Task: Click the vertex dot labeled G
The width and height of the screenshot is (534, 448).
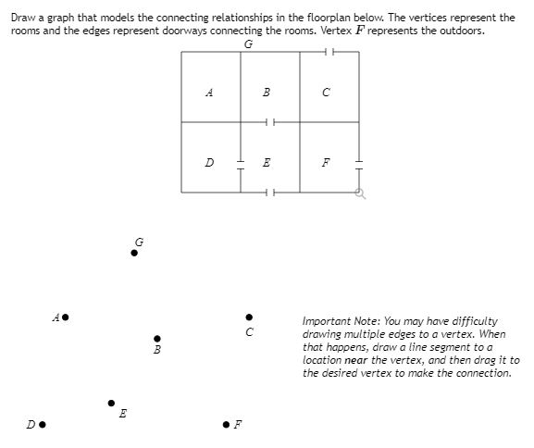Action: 134,252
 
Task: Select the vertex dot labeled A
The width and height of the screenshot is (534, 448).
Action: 66,317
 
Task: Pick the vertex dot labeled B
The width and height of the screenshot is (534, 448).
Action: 157,338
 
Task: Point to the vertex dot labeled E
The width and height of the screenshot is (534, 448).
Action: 112,403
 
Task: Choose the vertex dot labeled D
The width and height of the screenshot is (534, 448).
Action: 43,426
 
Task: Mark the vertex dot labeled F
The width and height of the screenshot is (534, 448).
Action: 226,426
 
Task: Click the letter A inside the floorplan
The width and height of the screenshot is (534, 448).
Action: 210,93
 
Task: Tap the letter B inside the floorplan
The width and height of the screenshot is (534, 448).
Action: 267,93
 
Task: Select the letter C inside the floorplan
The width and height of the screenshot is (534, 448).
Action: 325,93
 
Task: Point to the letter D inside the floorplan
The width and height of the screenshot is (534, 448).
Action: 210,163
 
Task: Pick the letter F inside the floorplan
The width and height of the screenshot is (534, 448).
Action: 325,163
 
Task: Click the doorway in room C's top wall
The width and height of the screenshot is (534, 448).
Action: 329,53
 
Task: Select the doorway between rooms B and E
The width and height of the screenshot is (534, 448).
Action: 269,122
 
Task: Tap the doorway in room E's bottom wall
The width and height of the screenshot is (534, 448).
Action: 269,193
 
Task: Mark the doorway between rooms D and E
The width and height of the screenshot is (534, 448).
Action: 241,163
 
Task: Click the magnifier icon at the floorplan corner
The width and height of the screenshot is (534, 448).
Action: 360,193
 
